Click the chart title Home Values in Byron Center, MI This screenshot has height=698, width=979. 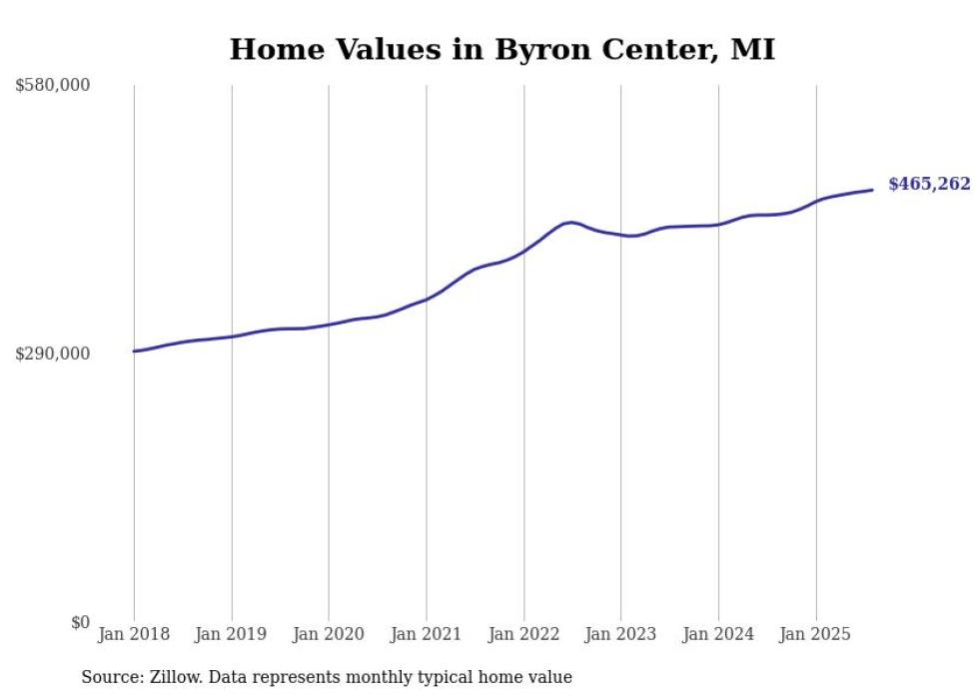501,49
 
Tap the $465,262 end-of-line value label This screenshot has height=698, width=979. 929,184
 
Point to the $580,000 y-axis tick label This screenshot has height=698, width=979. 53,86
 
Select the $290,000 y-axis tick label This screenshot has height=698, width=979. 53,353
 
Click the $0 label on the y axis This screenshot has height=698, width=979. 80,622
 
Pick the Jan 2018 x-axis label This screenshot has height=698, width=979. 134,634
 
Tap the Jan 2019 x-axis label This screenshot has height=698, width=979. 232,634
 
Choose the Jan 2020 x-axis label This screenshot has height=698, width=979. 329,634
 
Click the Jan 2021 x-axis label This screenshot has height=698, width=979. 427,634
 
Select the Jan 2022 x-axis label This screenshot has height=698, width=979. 523,634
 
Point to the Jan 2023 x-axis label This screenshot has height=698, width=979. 620,634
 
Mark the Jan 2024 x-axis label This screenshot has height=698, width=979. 718,634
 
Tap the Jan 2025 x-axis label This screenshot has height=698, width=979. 815,634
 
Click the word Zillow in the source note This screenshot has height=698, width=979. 169,677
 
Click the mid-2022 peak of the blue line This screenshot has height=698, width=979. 570,222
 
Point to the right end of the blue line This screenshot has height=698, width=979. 873,190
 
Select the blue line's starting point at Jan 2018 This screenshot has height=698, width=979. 134,351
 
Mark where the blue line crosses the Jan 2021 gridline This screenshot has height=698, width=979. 427,299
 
